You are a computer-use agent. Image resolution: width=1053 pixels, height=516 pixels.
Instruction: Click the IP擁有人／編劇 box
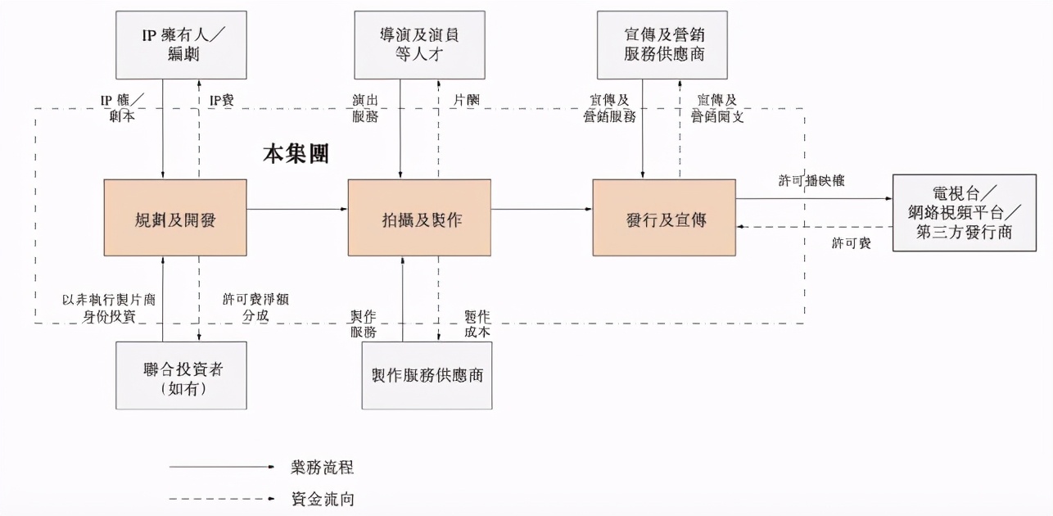pyautogui.click(x=181, y=45)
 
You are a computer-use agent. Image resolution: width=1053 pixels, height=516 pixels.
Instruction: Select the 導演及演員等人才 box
pyautogui.click(x=419, y=45)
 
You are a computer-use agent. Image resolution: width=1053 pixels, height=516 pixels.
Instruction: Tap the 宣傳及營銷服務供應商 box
pyautogui.click(x=662, y=45)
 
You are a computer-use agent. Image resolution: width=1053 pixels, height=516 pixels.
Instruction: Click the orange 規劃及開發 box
pyautogui.click(x=175, y=218)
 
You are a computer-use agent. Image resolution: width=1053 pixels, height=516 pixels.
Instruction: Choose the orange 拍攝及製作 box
pyautogui.click(x=419, y=218)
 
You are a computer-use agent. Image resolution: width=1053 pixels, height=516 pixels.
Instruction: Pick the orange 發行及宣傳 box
pyautogui.click(x=664, y=218)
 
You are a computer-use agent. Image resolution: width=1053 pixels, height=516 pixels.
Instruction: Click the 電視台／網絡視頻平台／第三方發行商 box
pyautogui.click(x=964, y=213)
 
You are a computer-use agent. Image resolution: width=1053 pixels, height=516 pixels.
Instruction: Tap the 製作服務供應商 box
pyautogui.click(x=427, y=375)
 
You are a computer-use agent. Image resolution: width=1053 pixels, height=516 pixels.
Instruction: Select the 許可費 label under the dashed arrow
pyautogui.click(x=851, y=243)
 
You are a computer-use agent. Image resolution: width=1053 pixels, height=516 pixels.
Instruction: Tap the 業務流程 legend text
pyautogui.click(x=322, y=468)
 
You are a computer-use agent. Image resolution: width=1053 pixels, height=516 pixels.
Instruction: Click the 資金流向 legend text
pyautogui.click(x=322, y=498)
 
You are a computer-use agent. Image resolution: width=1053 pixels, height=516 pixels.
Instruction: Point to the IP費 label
pyautogui.click(x=222, y=100)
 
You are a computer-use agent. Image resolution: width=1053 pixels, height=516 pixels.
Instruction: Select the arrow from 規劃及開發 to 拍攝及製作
pyautogui.click(x=296, y=210)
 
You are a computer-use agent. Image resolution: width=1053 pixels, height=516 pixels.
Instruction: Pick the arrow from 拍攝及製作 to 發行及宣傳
pyautogui.click(x=541, y=210)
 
